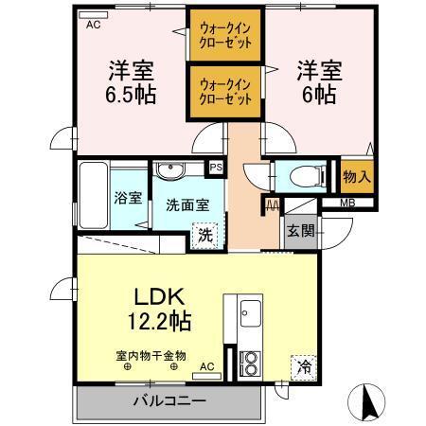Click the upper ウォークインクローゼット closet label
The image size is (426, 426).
tap(224, 36)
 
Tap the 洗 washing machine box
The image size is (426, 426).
tap(205, 236)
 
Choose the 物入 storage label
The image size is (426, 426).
tap(356, 176)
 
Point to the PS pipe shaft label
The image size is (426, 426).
tap(216, 168)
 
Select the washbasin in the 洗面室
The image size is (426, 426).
tap(170, 170)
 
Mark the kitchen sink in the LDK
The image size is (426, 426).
tap(250, 312)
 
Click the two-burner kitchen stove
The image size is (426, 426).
tap(250, 362)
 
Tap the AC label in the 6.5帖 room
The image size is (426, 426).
tap(93, 26)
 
